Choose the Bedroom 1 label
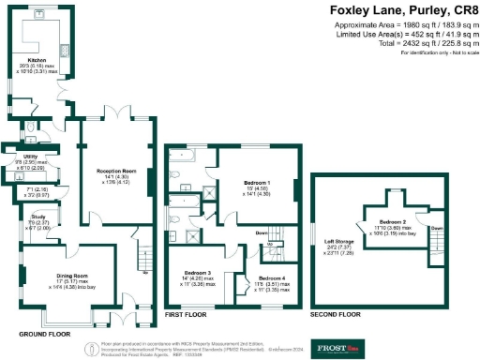tap(256, 182)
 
